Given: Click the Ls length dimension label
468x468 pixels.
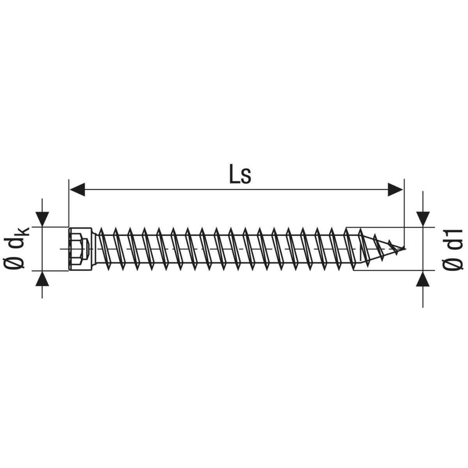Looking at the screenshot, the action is (x=240, y=174).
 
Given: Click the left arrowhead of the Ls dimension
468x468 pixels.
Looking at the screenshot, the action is (x=77, y=190).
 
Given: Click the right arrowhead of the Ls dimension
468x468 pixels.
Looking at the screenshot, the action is (x=395, y=190).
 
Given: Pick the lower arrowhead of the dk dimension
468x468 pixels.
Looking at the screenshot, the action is (x=42, y=278).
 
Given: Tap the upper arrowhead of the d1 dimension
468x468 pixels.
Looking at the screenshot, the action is (x=423, y=219).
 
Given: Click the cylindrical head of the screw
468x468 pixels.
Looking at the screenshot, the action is (x=80, y=249).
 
